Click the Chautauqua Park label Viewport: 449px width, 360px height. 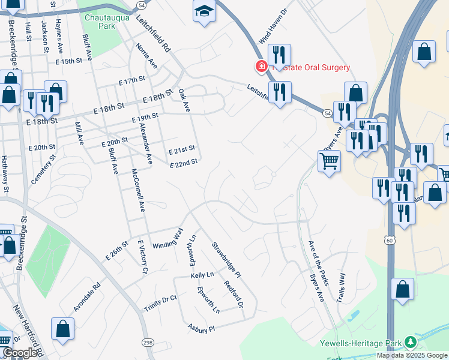(x=99, y=22)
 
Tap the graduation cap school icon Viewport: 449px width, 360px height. (x=204, y=10)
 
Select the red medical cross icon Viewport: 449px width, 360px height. (x=261, y=67)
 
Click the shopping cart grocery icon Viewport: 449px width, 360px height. (x=329, y=161)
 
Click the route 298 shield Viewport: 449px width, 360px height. (x=148, y=342)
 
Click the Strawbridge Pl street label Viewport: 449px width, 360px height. (x=226, y=259)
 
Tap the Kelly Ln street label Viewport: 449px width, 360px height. (x=202, y=275)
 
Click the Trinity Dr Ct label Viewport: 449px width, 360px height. (x=160, y=303)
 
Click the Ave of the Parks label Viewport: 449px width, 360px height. (x=319, y=263)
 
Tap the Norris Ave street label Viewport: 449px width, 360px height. (x=146, y=55)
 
